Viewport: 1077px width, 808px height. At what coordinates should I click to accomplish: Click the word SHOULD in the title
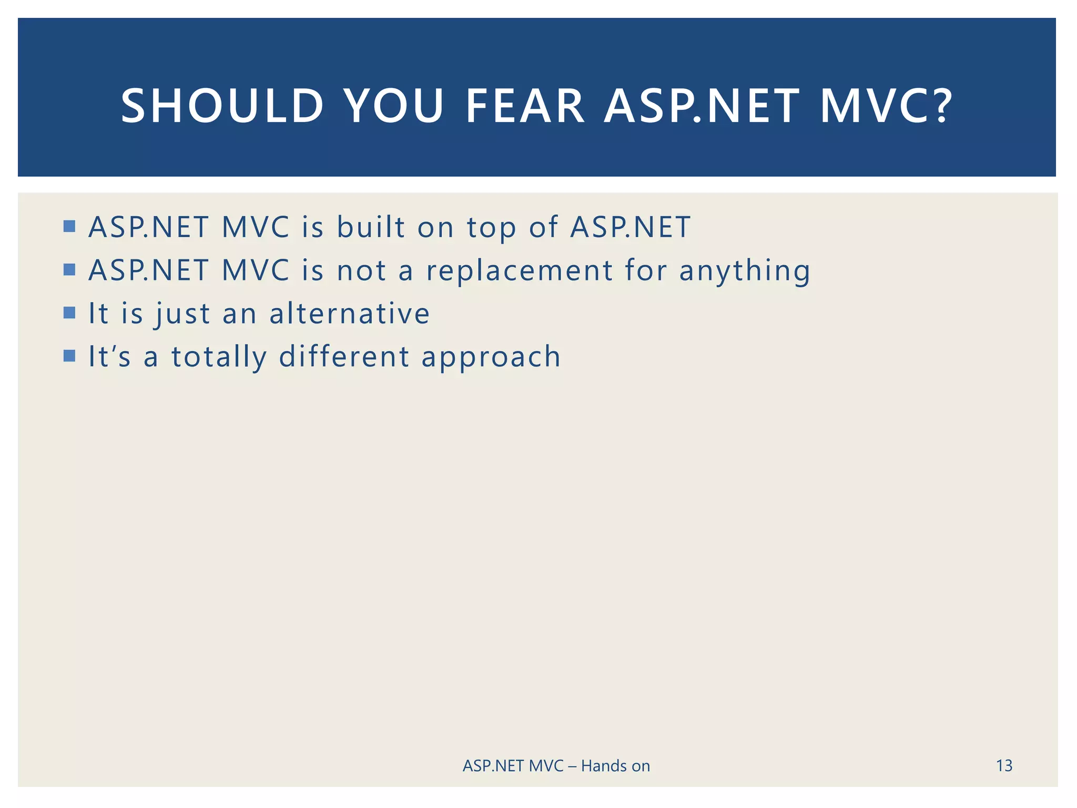pos(222,106)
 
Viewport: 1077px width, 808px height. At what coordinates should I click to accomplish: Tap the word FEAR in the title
pos(525,106)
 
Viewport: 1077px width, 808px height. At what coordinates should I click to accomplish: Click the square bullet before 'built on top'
pos(69,227)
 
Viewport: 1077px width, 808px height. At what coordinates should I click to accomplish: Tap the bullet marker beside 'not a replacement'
pos(69,270)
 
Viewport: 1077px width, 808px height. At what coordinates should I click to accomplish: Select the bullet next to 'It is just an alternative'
pos(69,313)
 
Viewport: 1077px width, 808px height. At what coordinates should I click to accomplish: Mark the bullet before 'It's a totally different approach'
pos(69,356)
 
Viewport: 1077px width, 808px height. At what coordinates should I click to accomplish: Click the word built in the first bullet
pos(371,227)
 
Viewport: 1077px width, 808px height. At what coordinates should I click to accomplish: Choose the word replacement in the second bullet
pos(519,271)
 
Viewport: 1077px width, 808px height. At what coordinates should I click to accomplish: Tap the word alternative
pos(349,314)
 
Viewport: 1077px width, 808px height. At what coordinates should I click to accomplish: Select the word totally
pos(219,358)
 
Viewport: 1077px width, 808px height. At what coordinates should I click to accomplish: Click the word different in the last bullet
pos(344,357)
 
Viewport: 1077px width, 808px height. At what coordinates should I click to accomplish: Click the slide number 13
pos(1004,765)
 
